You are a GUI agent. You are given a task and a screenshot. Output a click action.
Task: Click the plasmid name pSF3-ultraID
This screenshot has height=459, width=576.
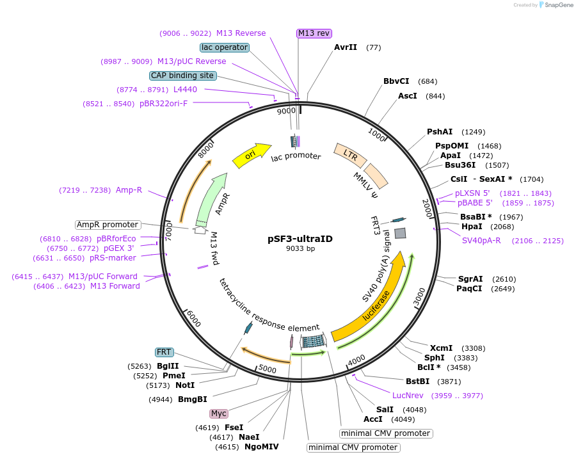pyautogui.click(x=300, y=239)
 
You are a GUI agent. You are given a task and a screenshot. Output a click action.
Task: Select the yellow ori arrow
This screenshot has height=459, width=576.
pyautogui.click(x=252, y=155)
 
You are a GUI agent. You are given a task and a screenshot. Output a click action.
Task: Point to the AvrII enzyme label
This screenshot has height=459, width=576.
pyautogui.click(x=346, y=47)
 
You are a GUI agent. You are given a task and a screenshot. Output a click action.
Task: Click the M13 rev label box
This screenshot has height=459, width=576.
pyautogui.click(x=314, y=33)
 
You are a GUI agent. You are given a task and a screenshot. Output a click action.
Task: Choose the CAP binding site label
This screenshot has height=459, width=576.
pyautogui.click(x=182, y=76)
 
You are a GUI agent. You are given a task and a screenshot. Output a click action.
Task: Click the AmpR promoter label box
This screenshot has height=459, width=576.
pyautogui.click(x=108, y=225)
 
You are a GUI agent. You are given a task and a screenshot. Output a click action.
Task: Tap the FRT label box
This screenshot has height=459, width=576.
pyautogui.click(x=164, y=353)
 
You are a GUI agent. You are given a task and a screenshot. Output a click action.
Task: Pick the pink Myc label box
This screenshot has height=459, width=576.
pyautogui.click(x=219, y=414)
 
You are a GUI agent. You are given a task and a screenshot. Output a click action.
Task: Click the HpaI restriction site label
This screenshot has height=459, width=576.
pyautogui.click(x=472, y=227)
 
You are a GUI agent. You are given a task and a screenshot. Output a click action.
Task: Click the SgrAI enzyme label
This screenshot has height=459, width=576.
pyautogui.click(x=470, y=279)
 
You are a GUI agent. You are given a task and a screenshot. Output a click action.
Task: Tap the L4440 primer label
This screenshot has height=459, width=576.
pyautogui.click(x=185, y=90)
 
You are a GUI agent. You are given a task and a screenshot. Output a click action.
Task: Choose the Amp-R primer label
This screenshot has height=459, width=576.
pyautogui.click(x=129, y=190)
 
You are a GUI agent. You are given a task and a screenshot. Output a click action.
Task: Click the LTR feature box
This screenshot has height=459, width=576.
pyautogui.click(x=350, y=154)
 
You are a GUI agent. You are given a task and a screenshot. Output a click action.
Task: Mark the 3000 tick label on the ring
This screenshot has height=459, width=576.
pyautogui.click(x=419, y=296)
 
